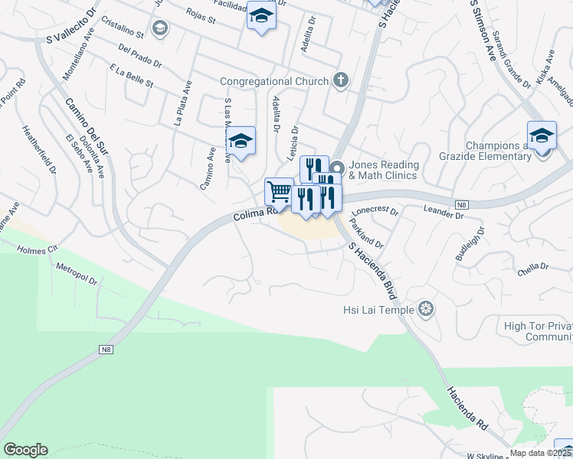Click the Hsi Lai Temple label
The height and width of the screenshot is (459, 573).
tap(378, 310)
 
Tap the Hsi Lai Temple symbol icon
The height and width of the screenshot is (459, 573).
tap(427, 310)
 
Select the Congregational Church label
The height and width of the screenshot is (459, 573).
tap(274, 81)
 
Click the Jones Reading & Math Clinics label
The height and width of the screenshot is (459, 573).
tap(384, 170)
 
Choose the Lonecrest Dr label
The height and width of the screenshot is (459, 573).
tap(375, 210)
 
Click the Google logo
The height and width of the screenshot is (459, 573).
tap(25, 450)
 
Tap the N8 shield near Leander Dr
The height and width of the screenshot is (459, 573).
tap(460, 204)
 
